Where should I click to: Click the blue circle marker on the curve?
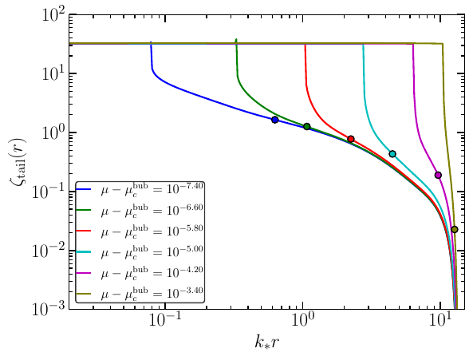click(275, 120)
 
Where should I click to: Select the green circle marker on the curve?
click(306, 126)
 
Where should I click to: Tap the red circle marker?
click(351, 139)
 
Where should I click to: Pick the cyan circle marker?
click(392, 154)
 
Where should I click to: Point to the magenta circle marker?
click(438, 175)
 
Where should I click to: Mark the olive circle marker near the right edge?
click(455, 229)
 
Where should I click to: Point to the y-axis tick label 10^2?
click(56, 14)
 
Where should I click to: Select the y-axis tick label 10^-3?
click(53, 309)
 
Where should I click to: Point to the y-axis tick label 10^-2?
click(53, 250)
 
